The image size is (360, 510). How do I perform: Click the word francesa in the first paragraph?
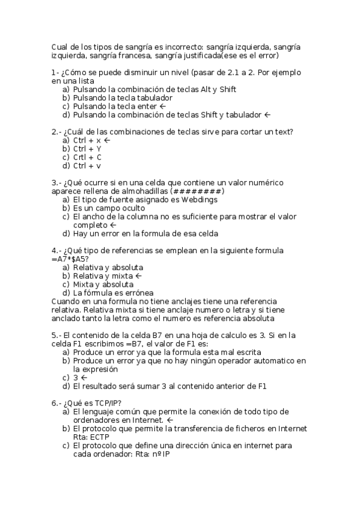(x=128, y=56)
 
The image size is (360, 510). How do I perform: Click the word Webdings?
(x=199, y=200)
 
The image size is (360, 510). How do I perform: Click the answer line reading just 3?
(x=76, y=378)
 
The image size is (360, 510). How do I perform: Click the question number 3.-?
(x=55, y=183)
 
